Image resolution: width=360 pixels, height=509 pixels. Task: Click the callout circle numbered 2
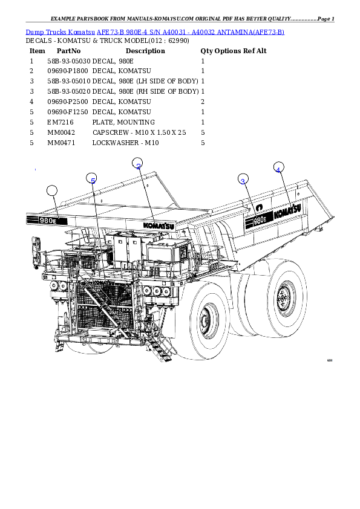(138, 163)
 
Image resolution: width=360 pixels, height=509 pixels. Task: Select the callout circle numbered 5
(92, 179)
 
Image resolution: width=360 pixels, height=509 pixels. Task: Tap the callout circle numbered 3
(243, 180)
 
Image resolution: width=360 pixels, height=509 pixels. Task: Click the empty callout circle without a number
(52, 191)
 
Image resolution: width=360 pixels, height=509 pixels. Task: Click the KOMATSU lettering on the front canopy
(159, 224)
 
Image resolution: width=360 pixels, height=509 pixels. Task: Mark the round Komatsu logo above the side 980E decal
(259, 207)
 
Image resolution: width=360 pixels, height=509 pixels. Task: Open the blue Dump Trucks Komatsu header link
(155, 31)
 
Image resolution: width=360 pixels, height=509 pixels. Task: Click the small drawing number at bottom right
(330, 360)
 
